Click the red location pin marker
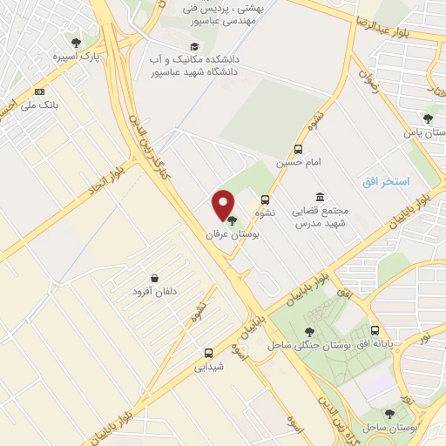224,205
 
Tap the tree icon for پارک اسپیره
76,43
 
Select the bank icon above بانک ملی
39,91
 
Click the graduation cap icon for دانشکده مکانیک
193,47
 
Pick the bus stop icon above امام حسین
299,149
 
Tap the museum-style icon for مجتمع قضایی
321,198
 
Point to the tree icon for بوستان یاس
427,118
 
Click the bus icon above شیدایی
208,353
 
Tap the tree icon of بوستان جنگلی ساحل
309,332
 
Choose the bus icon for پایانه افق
375,331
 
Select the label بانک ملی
42,105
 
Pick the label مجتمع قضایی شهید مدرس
317,218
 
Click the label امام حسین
294,162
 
